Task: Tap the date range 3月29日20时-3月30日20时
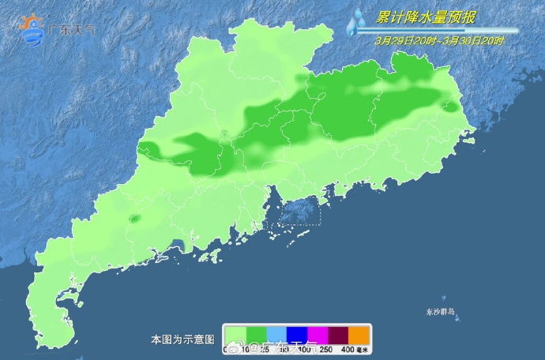pyautogui.click(x=441, y=40)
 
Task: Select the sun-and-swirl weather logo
pyautogui.click(x=32, y=29)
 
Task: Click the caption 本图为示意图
pyautogui.click(x=182, y=339)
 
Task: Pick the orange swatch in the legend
pyautogui.click(x=359, y=334)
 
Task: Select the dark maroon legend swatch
pyautogui.click(x=338, y=334)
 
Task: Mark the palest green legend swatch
pyautogui.click(x=235, y=334)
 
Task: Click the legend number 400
pyautogui.click(x=347, y=349)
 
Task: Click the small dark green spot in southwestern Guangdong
pyautogui.click(x=133, y=219)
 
